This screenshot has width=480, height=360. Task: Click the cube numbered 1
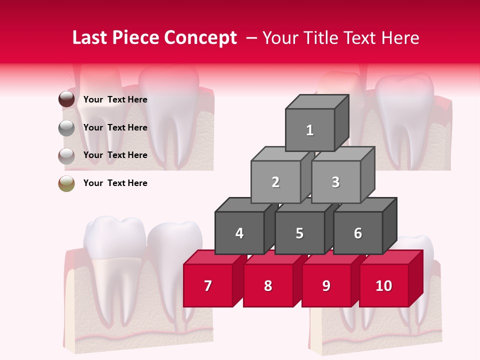click(310, 130)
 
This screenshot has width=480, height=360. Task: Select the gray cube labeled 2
click(275, 182)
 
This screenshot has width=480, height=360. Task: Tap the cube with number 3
click(335, 182)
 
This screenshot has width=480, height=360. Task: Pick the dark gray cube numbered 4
click(239, 233)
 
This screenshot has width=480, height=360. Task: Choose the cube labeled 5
click(299, 233)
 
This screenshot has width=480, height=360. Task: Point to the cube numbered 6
click(358, 233)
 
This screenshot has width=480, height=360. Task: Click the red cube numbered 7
click(208, 285)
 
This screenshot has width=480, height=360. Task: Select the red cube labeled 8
click(268, 285)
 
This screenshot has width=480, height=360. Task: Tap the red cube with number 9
click(326, 285)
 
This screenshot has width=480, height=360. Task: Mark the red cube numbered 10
click(384, 285)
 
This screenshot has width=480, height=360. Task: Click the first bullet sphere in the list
click(66, 99)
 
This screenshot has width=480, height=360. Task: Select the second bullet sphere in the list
click(66, 127)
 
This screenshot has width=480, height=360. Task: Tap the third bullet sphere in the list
click(66, 155)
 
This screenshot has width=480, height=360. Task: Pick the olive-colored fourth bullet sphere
click(66, 183)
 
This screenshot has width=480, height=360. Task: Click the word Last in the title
click(90, 38)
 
